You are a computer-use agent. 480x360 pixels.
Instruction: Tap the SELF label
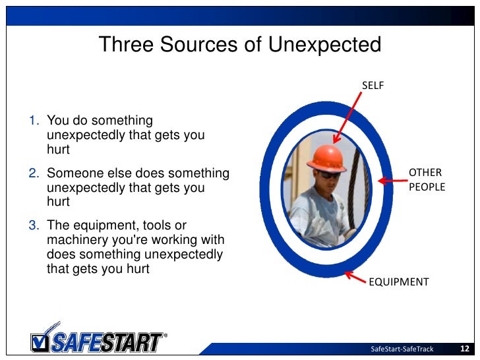pos(373,85)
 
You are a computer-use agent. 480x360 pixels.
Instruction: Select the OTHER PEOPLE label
pos(427,180)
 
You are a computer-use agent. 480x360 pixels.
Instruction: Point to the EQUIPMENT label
pos(398,282)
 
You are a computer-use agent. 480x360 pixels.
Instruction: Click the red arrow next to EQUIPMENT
pos(356,277)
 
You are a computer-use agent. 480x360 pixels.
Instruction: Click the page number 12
pos(464,349)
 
